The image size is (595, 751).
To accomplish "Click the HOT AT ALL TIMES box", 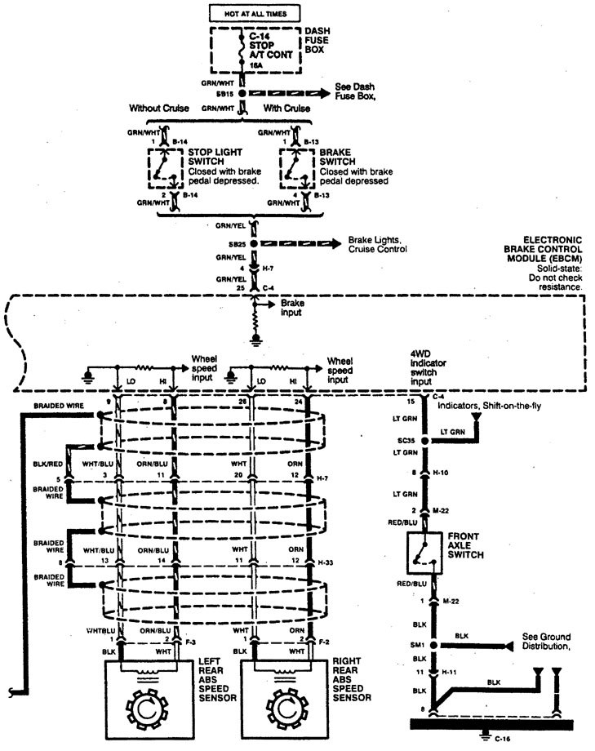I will [255, 14].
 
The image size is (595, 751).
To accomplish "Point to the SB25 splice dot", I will [254, 244].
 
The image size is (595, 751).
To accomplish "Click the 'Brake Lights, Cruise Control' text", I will [377, 245].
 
